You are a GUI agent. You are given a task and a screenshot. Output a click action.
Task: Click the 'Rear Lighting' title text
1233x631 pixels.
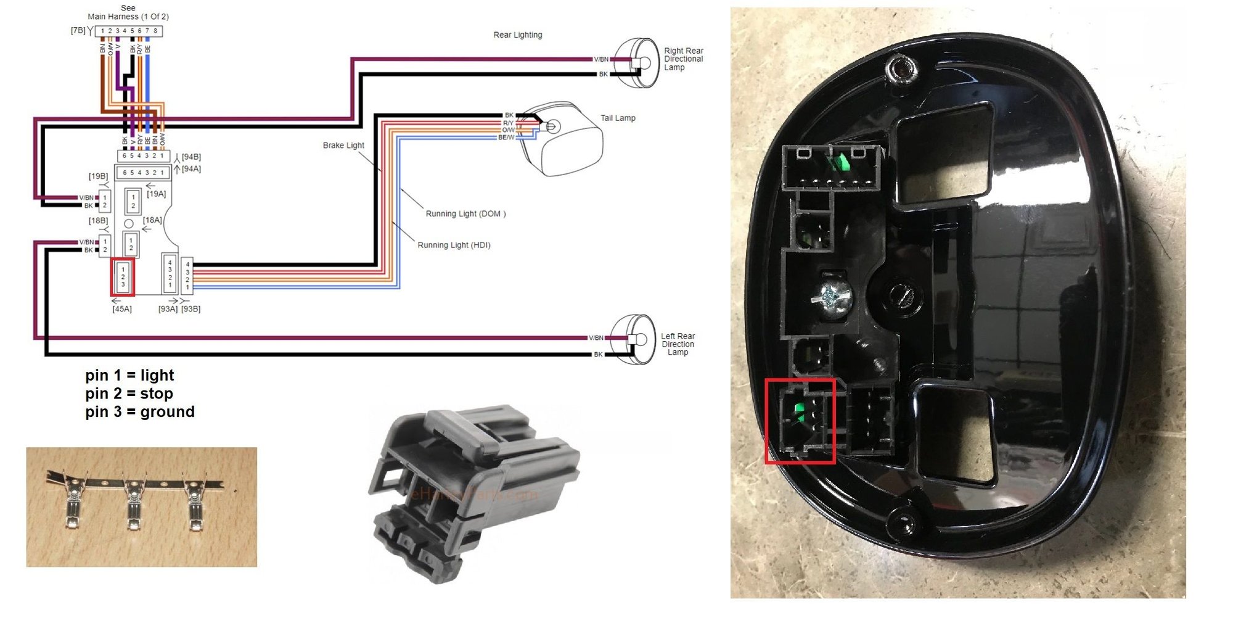click(517, 35)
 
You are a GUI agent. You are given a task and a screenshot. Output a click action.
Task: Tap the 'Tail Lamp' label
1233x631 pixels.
click(618, 118)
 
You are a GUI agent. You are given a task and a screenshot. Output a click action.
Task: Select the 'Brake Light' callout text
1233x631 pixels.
click(343, 146)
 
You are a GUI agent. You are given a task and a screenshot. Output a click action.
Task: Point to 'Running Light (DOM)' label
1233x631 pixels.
click(465, 214)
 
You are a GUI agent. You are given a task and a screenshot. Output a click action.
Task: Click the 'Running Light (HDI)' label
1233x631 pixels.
click(454, 245)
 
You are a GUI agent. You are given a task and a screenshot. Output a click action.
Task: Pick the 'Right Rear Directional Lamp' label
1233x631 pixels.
click(683, 59)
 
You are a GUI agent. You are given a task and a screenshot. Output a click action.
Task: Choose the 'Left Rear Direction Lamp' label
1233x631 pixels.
click(678, 344)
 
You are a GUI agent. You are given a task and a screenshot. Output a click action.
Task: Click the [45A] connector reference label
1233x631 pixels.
click(122, 309)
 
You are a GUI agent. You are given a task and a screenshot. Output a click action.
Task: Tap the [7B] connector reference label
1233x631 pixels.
click(78, 30)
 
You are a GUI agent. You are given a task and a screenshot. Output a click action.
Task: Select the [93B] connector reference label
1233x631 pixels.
click(190, 309)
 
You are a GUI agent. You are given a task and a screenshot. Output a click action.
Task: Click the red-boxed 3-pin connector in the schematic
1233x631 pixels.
click(123, 277)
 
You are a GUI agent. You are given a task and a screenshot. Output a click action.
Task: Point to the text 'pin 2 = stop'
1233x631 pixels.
click(129, 394)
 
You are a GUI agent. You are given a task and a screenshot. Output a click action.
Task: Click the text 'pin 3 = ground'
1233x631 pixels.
click(140, 412)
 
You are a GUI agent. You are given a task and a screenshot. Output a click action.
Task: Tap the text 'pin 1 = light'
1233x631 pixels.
click(129, 375)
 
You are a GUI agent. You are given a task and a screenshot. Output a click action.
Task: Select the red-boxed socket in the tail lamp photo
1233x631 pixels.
click(800, 421)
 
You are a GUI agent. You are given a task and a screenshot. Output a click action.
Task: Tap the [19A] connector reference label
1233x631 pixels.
click(156, 194)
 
